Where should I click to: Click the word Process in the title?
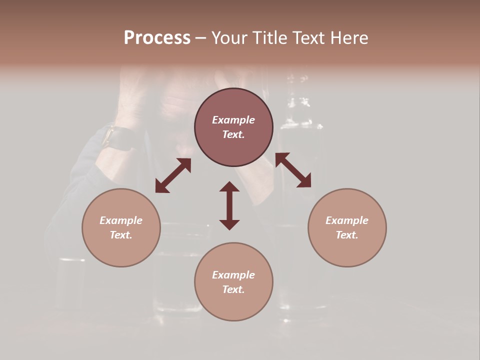[157, 38]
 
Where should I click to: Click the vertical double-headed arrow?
[229, 205]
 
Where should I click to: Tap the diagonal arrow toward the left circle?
[173, 175]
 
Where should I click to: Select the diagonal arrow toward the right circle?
[293, 170]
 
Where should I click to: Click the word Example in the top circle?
[233, 120]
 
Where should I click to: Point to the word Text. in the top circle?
[233, 134]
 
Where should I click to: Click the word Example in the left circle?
[121, 220]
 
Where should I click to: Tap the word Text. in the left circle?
[121, 235]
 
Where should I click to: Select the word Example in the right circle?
[347, 220]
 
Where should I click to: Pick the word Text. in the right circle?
[347, 235]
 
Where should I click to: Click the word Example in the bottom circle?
[233, 275]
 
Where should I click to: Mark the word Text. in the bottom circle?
[233, 289]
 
